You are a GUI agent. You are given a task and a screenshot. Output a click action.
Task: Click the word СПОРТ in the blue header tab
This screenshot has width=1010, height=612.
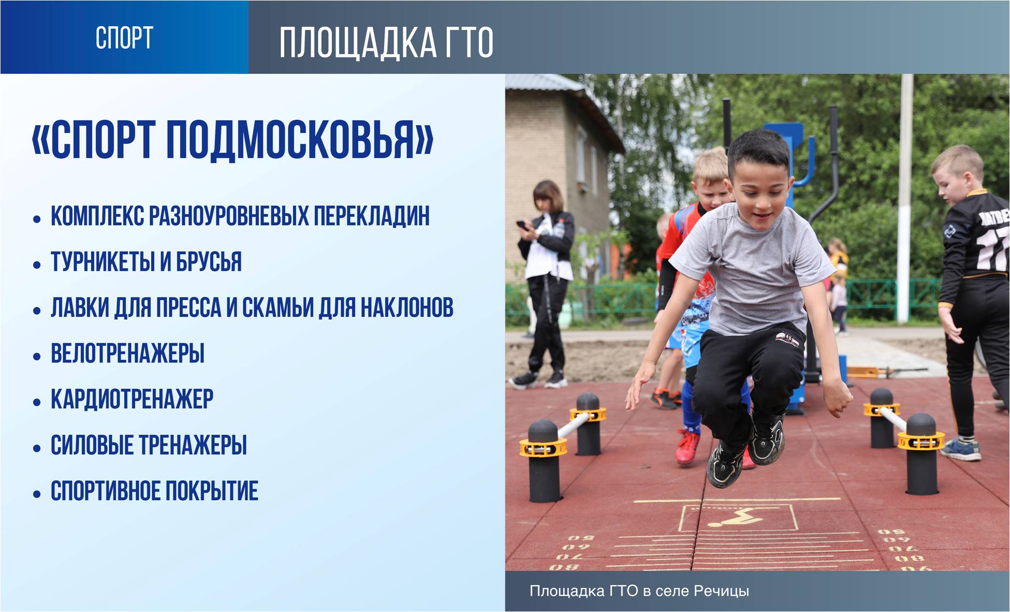pyautogui.click(x=124, y=38)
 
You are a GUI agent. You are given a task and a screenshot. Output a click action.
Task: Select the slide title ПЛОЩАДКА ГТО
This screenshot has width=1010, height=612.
pyautogui.click(x=386, y=42)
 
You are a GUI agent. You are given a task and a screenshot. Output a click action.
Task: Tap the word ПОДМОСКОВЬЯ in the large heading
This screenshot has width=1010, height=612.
pyautogui.click(x=300, y=139)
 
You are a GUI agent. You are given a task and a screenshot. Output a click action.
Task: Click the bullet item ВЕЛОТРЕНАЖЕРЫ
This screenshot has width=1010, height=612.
pyautogui.click(x=127, y=354)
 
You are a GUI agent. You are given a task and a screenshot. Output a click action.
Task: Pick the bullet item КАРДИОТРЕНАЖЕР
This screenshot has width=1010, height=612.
pyautogui.click(x=132, y=399)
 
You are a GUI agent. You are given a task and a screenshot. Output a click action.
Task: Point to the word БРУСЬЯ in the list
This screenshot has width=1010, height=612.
pyautogui.click(x=209, y=262)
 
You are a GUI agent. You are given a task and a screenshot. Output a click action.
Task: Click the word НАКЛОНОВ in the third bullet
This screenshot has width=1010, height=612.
pyautogui.click(x=407, y=308)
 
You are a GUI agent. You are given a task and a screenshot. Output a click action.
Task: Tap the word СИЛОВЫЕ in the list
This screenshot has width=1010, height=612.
pyautogui.click(x=92, y=445)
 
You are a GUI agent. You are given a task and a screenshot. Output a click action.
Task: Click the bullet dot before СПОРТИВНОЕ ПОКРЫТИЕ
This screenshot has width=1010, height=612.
pyautogui.click(x=37, y=494)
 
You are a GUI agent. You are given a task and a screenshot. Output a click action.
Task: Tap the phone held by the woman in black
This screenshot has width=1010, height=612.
pyautogui.click(x=522, y=226)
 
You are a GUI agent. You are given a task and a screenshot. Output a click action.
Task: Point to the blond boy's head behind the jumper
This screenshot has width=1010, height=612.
pyautogui.click(x=712, y=176)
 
